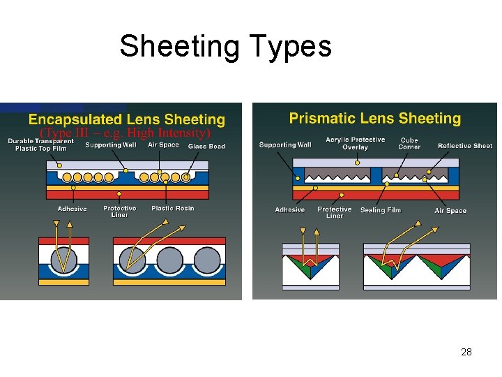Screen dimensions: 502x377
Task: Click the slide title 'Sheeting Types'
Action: coord(225,46)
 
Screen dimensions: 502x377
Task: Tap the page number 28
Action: coord(466,352)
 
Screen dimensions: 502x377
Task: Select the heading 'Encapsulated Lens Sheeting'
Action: coord(127,120)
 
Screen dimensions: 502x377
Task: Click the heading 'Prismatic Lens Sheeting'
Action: coord(375,118)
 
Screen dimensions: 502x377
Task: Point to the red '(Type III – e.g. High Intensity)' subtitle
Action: coord(125,133)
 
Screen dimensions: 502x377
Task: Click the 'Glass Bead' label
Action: coord(206,146)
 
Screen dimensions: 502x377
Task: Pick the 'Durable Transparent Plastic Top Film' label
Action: coord(41,145)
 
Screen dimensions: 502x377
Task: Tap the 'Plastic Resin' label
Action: coord(173,208)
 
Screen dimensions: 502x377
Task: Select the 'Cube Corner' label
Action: coord(409,143)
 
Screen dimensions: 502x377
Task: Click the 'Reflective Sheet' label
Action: coord(465,146)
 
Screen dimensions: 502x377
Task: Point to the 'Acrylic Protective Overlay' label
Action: coord(355,143)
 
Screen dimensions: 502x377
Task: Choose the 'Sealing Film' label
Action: coord(381,210)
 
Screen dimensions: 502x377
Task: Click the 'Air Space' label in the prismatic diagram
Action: coord(450,211)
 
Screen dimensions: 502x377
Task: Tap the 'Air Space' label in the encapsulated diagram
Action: coord(163,145)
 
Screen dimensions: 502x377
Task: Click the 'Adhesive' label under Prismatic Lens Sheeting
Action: coord(289,209)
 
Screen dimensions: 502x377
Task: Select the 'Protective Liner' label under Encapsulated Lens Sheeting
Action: coord(120,211)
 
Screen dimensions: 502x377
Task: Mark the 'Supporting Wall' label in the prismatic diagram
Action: coord(285,145)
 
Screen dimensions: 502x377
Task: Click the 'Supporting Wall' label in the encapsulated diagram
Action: coord(111,145)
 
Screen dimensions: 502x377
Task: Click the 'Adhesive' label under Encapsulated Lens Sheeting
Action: coord(72,209)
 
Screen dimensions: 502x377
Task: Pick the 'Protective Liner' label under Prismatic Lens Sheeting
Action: coord(335,212)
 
